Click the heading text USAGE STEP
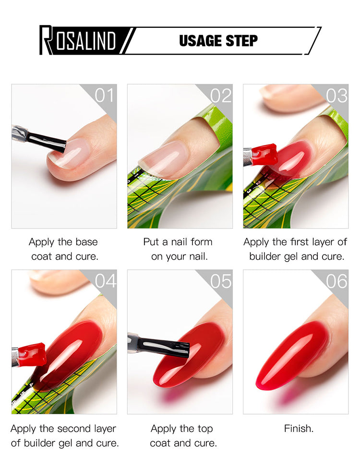pyautogui.click(x=218, y=41)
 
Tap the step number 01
pyautogui.click(x=104, y=96)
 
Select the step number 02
pyautogui.click(x=221, y=96)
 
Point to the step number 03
pyautogui.click(x=336, y=96)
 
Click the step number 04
pyautogui.click(x=106, y=281)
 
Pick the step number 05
pyautogui.click(x=221, y=281)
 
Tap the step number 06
pyautogui.click(x=336, y=281)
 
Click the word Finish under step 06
pyautogui.click(x=299, y=429)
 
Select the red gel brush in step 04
pyautogui.click(x=29, y=355)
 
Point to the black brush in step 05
pyautogui.click(x=158, y=345)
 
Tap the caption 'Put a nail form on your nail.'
pyautogui.click(x=178, y=249)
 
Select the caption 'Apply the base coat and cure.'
pyautogui.click(x=64, y=249)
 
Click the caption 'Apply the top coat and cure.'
pyautogui.click(x=183, y=436)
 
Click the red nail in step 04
pyautogui.click(x=69, y=354)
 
